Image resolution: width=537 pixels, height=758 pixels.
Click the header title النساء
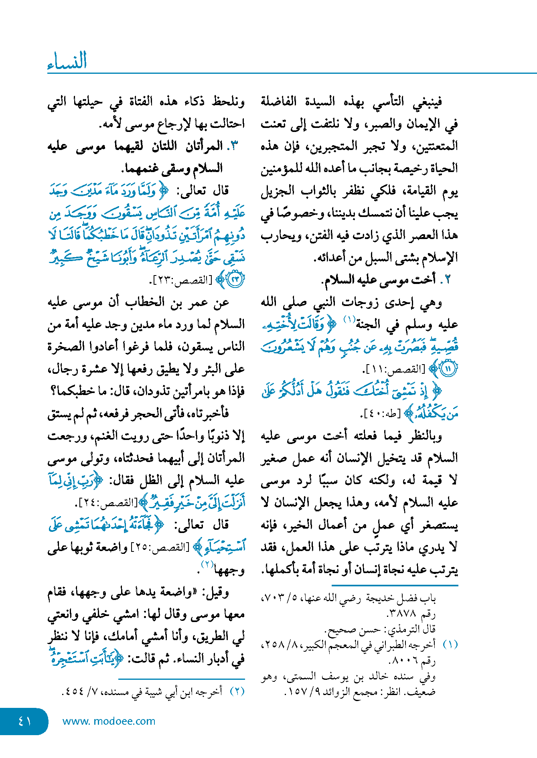click(67, 61)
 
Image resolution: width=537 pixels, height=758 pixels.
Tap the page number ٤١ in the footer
click(25, 721)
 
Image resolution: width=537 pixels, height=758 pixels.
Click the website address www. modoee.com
click(109, 721)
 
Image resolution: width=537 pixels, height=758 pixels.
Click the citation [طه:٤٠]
click(383, 413)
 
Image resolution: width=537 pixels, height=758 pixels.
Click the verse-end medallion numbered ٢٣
click(235, 280)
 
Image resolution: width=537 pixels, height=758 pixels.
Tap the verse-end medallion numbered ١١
click(448, 369)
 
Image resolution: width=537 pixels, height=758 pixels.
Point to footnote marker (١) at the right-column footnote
click(450, 645)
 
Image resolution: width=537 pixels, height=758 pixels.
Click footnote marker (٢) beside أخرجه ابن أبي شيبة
click(237, 691)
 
